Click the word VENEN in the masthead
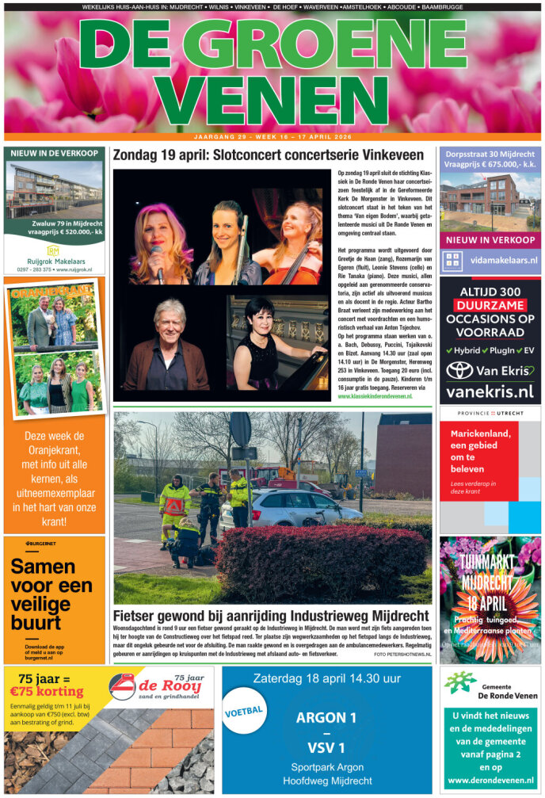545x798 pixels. (x=272, y=99)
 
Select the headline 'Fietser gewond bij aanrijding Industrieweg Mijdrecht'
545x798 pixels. (x=271, y=615)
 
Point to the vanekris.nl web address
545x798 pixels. (x=490, y=391)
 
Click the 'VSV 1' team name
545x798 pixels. (x=326, y=748)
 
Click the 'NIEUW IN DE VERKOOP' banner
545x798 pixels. (x=53, y=153)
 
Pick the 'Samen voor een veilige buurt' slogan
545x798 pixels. (x=51, y=594)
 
